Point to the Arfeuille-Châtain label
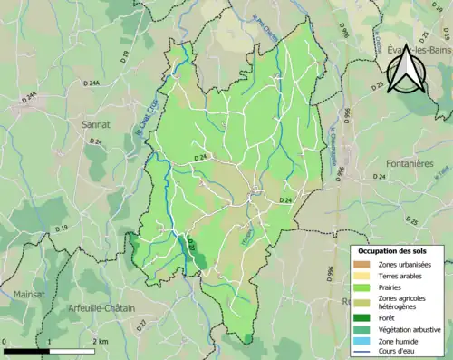coord(101,308)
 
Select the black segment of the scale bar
coord(26,350)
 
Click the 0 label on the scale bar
coord(6,341)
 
